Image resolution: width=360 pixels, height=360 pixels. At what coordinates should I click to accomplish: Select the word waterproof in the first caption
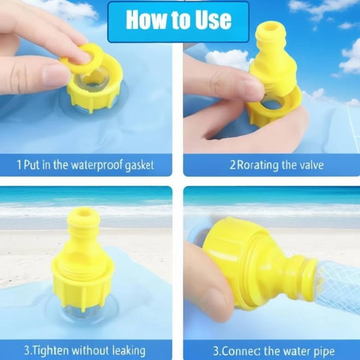[97, 165]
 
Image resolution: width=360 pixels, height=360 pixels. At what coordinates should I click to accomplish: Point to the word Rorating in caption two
[258, 165]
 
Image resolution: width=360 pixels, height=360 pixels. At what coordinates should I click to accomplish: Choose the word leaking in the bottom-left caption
[129, 351]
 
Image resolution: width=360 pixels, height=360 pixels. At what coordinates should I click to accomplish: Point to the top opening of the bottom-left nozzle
[83, 212]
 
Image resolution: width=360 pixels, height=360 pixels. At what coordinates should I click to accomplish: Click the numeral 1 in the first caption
[19, 165]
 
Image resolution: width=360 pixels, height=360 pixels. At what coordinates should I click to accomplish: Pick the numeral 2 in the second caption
[233, 165]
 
